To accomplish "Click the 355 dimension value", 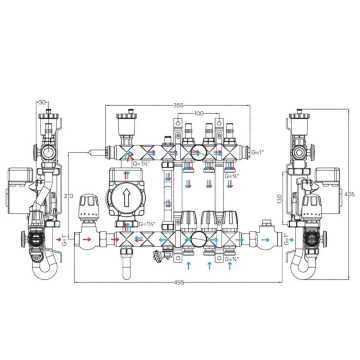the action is (179, 105).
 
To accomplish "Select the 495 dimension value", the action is (179, 283).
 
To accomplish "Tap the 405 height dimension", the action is (350, 194).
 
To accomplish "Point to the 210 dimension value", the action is (69, 196).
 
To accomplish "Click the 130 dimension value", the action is (279, 199).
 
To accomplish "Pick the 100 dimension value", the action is (199, 113).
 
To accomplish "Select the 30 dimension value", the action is (42, 102).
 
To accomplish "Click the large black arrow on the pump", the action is (126, 197).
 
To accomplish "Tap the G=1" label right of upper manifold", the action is (258, 152).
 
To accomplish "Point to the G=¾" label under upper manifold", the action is (232, 176).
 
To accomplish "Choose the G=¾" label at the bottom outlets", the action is (232, 259).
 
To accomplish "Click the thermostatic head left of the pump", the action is (89, 207).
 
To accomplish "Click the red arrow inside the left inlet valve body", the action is (86, 240).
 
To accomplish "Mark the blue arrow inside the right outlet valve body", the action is (266, 240).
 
